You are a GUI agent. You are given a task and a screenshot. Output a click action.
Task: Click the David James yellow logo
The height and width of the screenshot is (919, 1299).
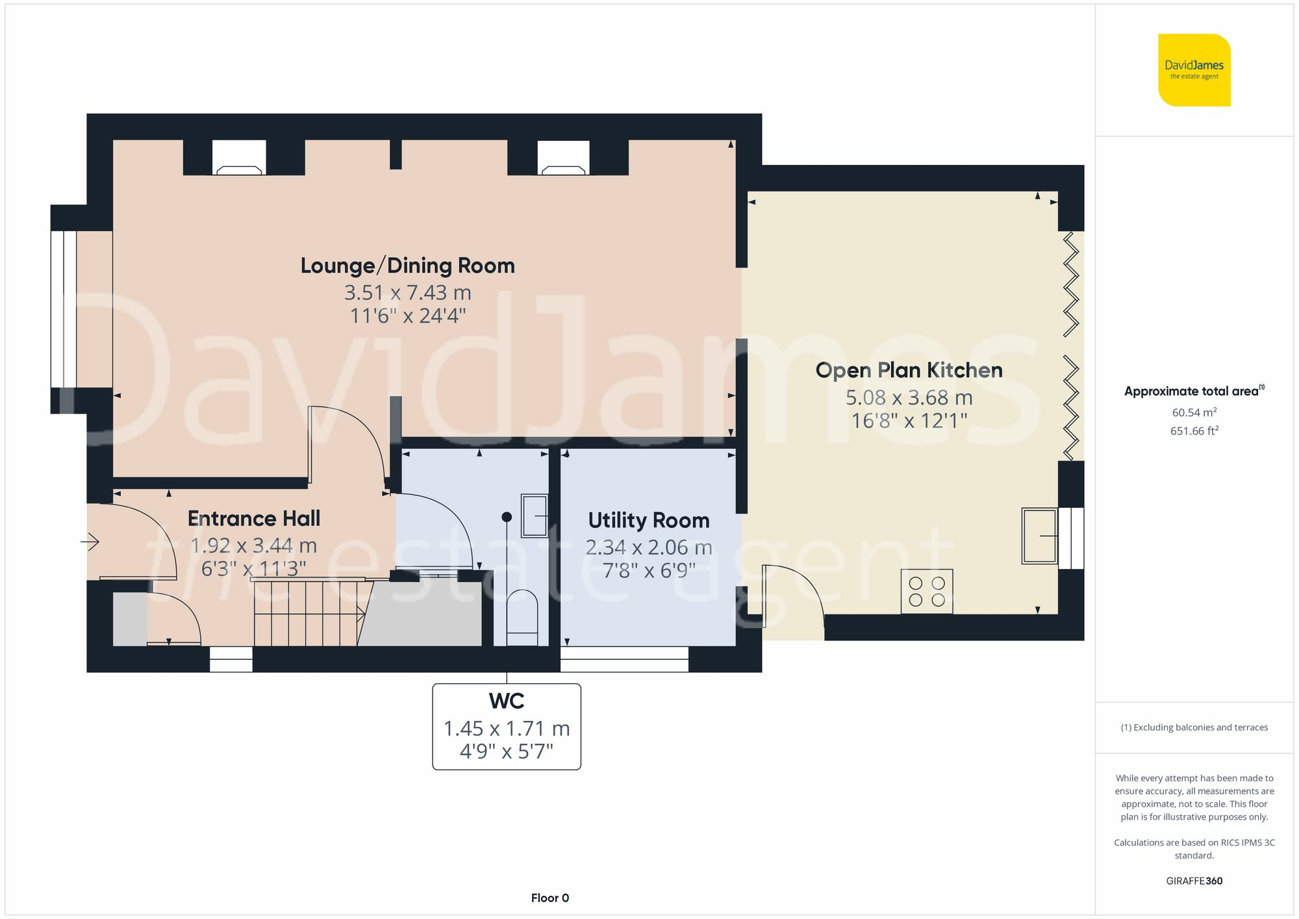click(x=1194, y=70)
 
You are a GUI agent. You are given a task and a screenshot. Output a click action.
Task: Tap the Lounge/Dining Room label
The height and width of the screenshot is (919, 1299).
click(x=407, y=266)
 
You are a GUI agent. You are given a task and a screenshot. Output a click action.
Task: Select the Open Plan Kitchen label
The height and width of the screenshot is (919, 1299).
click(x=909, y=370)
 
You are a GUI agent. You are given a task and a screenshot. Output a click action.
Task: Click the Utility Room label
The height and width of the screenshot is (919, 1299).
click(x=648, y=520)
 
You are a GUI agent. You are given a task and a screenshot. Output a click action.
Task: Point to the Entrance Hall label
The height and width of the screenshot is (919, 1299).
click(x=254, y=518)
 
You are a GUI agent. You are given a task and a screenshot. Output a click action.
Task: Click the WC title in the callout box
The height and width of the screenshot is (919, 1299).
click(x=507, y=701)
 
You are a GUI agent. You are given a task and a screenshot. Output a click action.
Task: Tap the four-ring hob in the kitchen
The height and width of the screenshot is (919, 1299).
click(x=927, y=592)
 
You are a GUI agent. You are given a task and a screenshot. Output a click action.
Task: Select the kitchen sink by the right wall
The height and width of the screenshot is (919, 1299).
click(x=1039, y=535)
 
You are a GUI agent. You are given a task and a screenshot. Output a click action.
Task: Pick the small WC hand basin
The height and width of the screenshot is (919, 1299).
click(x=535, y=516)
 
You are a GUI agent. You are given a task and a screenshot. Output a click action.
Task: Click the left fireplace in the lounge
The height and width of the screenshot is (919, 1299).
click(x=239, y=158)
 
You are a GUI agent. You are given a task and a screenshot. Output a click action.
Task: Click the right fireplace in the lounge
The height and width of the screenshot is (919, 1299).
click(x=563, y=158)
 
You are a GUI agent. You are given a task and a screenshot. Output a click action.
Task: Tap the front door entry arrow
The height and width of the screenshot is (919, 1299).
click(x=90, y=541)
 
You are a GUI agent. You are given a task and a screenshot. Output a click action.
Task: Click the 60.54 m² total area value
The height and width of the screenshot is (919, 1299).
click(x=1194, y=412)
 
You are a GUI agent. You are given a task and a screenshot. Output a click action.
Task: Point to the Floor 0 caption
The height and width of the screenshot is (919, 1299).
click(x=549, y=898)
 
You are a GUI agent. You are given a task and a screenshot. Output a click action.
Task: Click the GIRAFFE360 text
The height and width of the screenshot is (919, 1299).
click(x=1194, y=881)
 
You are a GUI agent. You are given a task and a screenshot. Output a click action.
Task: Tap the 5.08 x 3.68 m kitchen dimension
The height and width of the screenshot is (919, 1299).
click(x=909, y=397)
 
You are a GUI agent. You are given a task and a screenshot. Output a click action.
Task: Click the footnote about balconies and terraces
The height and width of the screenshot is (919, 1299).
click(x=1194, y=727)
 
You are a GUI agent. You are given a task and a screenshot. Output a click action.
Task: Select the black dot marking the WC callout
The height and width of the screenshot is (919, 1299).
click(x=507, y=517)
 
